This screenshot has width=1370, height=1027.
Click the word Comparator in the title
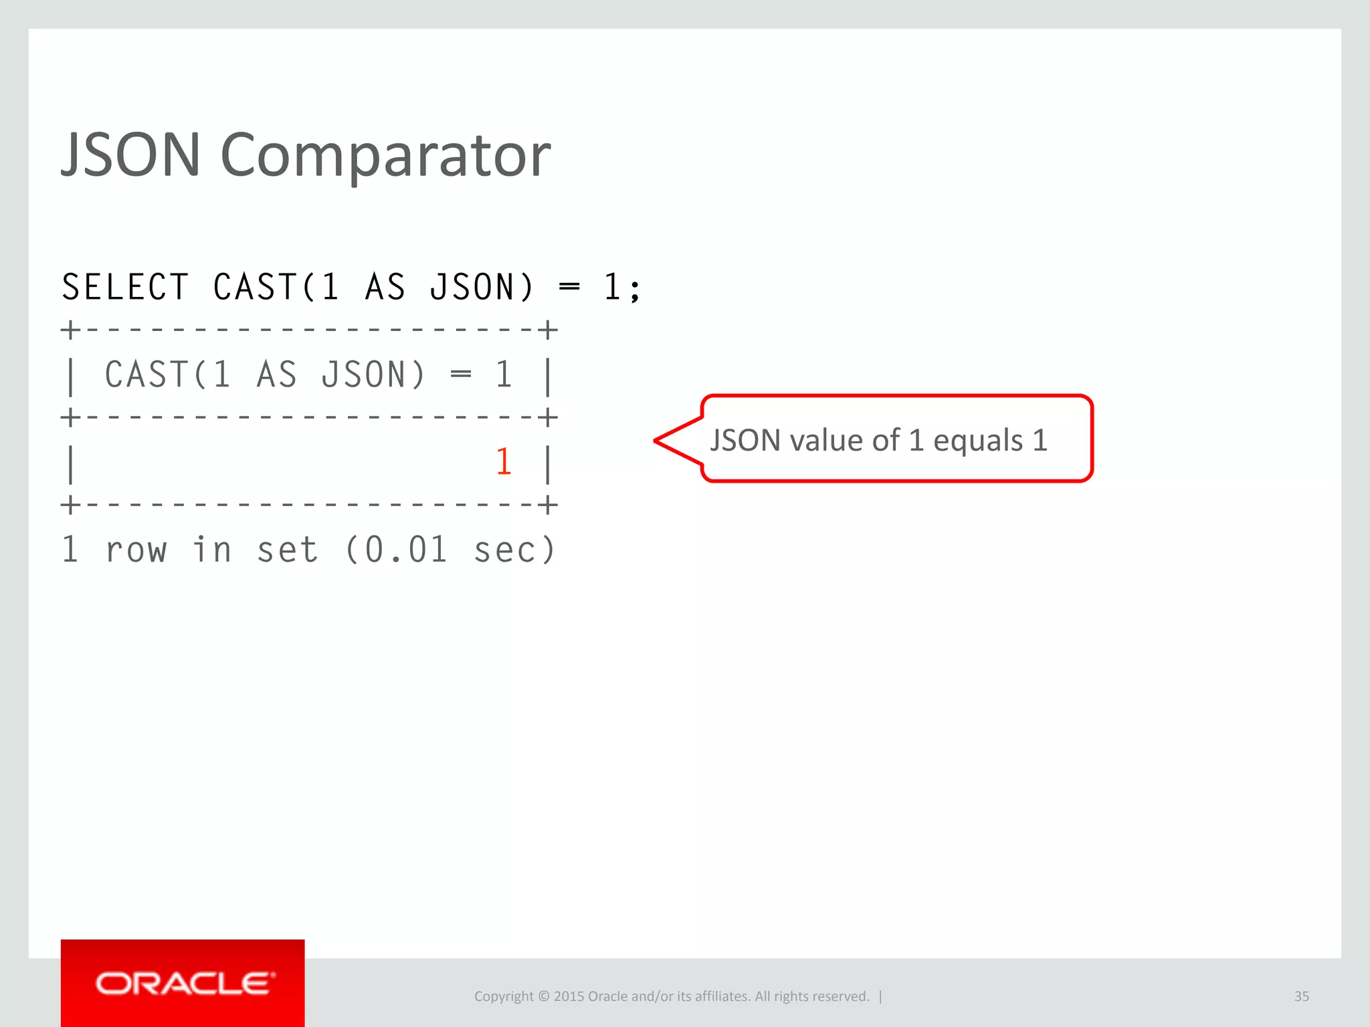tap(385, 155)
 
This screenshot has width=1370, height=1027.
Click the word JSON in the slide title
tap(131, 155)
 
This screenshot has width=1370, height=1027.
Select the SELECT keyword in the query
tap(125, 288)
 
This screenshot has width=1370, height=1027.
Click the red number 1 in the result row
tap(504, 462)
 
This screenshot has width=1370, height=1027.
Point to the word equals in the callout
tap(978, 441)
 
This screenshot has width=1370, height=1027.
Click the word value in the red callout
tap(825, 441)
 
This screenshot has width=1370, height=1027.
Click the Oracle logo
tap(183, 984)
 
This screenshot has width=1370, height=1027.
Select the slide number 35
tap(1301, 996)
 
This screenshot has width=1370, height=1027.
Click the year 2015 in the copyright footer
tap(569, 996)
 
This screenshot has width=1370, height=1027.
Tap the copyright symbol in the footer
tap(543, 996)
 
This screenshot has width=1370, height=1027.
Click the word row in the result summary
tap(136, 550)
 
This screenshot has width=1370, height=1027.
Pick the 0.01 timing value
tap(405, 550)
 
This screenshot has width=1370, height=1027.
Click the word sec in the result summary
tap(504, 550)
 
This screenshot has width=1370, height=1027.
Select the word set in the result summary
tap(288, 550)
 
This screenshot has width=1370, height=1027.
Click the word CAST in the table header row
tap(147, 374)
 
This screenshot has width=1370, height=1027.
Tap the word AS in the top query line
tap(385, 288)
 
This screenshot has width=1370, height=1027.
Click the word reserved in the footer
tap(842, 996)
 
